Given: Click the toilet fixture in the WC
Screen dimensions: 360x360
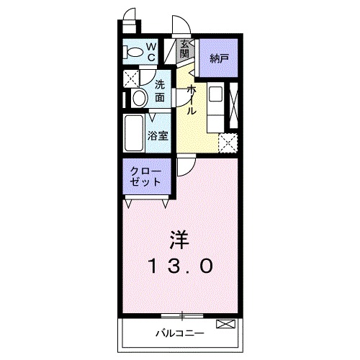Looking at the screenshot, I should coord(132,53).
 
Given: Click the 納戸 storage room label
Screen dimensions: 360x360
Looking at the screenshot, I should coord(220,58).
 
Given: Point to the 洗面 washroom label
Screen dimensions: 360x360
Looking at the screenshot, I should coord(161,89).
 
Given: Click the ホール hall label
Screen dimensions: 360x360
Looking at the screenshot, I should coord(191,101).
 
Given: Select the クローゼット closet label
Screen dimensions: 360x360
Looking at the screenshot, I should coord(146,177).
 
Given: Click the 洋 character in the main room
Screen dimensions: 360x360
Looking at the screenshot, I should coord(180,238).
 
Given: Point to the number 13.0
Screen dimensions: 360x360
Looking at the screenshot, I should coord(181,267).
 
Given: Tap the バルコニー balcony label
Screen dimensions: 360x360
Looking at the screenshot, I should coord(179,333).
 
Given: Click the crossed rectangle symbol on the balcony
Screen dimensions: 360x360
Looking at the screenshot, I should coord(225,324).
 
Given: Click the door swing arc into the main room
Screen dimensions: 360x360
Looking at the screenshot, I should coord(183,168).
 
